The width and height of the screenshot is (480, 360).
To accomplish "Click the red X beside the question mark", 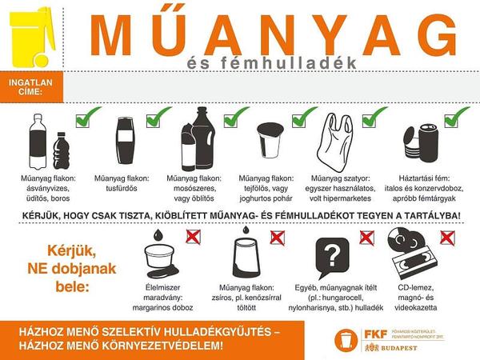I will coord(367,238).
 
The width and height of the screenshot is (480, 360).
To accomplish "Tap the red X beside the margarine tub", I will coord(193,238).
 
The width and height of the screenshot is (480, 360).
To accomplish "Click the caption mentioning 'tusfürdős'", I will coord(122,183).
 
